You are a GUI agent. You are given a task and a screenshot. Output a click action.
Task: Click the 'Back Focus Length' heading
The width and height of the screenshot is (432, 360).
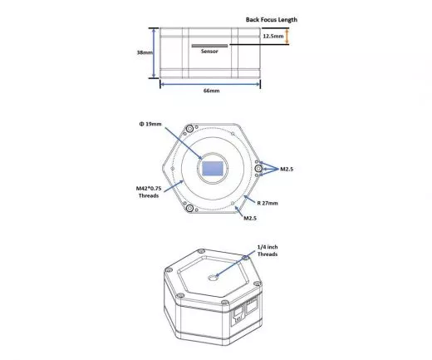pos(271,20)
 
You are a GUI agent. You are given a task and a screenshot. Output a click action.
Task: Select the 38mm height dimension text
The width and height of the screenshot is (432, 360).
pos(144,52)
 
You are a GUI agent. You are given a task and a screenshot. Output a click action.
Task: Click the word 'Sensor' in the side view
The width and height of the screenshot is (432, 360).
pos(209,52)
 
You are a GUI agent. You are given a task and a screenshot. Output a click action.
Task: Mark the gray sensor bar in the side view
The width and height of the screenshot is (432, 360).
pos(211,46)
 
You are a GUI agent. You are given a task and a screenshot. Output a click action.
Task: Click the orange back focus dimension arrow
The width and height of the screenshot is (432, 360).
pos(287,37)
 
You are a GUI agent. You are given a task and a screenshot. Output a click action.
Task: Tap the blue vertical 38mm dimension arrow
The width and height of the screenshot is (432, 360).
pos(155,52)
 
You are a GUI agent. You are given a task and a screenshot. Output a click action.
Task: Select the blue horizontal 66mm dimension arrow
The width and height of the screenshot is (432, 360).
pos(210,82)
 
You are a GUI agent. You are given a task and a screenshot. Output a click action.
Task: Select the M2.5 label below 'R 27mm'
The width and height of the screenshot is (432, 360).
pos(248,219)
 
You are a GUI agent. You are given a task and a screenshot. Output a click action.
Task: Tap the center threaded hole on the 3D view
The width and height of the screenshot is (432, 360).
pos(214,279)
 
